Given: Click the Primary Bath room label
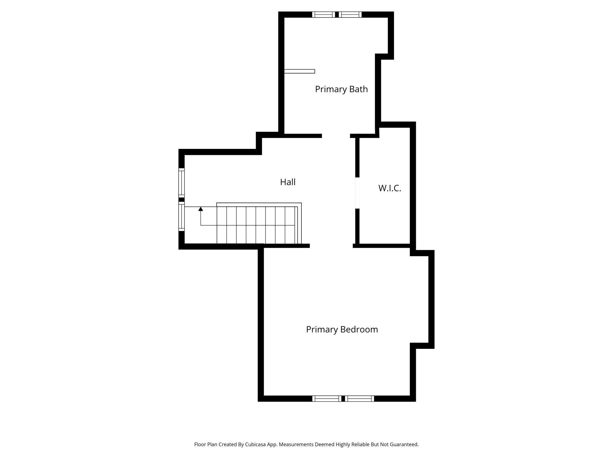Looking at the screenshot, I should (341, 89).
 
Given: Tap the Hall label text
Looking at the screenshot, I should (288, 182).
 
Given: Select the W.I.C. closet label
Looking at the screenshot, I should (390, 188).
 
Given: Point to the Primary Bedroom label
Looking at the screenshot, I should (342, 329).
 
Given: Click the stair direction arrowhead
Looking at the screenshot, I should (201, 209).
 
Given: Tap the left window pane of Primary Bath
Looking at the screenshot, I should (323, 14).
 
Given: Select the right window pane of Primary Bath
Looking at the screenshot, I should (350, 14).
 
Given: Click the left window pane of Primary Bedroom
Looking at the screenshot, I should (327, 399).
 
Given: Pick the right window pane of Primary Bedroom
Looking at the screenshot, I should (360, 399).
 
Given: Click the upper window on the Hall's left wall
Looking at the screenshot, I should (182, 183).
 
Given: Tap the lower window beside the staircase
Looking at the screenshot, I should (182, 216).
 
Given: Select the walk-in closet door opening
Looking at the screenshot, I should (357, 193).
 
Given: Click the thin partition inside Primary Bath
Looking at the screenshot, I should (299, 71).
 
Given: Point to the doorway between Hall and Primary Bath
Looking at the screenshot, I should (336, 136).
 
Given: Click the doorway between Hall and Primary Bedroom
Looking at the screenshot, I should (331, 246).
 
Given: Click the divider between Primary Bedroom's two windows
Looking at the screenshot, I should (343, 399).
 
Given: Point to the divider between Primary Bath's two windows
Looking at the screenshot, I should (337, 14).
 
